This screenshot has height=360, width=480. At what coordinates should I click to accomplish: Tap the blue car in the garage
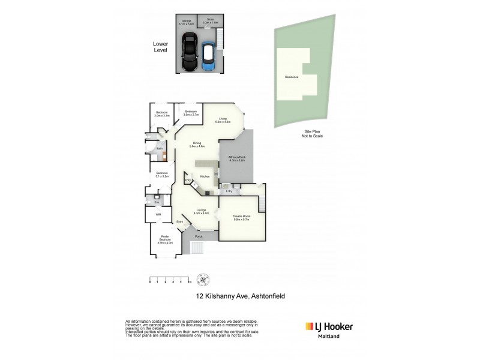pos(208,56)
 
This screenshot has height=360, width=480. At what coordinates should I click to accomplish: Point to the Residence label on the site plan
pos(292,77)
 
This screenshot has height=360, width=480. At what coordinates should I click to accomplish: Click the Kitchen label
pos(205,176)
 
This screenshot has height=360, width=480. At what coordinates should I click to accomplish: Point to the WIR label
pos(158,214)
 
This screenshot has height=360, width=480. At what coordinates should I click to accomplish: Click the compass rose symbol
pos(205,279)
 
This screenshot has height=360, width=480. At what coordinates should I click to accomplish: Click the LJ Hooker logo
pos(329,327)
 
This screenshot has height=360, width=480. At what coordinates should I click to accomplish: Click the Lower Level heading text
pos(160,47)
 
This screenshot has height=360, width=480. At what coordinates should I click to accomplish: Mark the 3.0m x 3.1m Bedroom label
pos(162,113)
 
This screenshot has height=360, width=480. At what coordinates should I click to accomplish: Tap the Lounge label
pos(202,211)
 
